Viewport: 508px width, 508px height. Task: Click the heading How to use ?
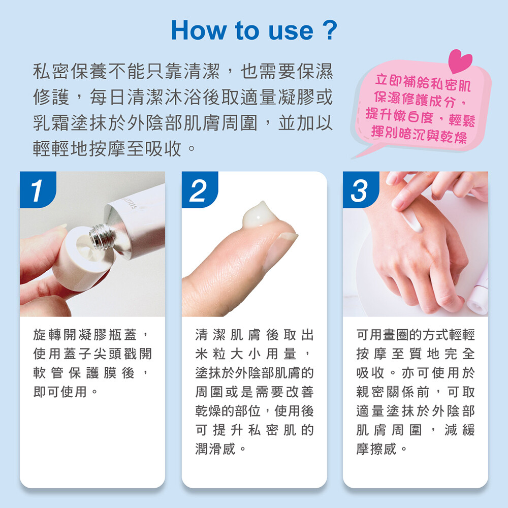coord(254,30)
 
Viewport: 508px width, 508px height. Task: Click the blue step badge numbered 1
coord(38,189)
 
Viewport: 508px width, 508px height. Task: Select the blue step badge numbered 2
coord(200,189)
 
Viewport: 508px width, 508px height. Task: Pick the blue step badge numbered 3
coord(361,189)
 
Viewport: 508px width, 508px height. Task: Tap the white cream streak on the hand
coord(411,218)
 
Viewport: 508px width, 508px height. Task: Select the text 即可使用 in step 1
coord(60,392)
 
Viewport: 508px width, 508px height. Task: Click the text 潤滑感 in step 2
coord(215,449)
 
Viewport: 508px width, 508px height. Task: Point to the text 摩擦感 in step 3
coord(376,449)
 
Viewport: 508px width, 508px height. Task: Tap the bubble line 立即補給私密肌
coord(423,83)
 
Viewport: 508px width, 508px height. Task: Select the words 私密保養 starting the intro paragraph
coord(70,71)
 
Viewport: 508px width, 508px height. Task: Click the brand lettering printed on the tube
coord(131,204)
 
